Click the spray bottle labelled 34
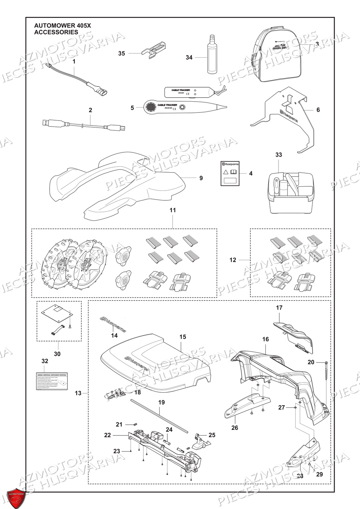coord(212,56)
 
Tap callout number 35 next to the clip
coord(121,53)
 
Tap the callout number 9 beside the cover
coord(201,178)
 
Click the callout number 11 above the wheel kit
coord(173,210)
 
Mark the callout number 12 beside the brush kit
coord(233,260)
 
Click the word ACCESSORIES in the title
coord(56,32)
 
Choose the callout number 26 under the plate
coord(234,428)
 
